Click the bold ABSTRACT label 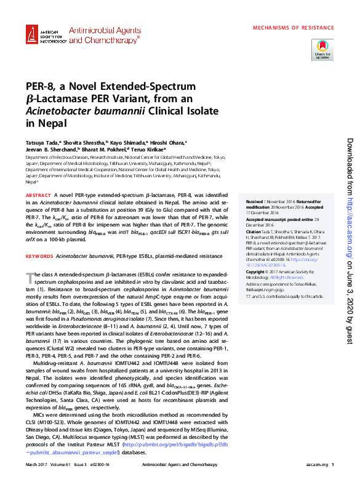(38, 195)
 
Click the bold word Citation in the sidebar (255, 231)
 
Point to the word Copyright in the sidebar (257, 271)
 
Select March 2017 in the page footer (37, 465)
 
